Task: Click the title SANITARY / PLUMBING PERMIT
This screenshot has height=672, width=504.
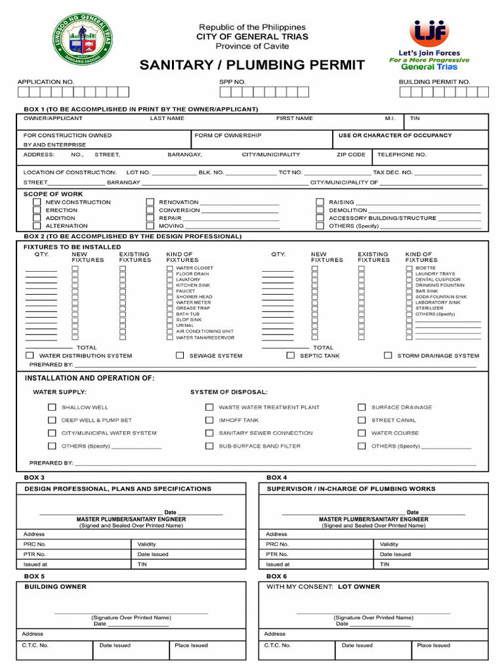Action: pos(252,64)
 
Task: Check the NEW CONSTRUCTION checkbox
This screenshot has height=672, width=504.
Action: pos(37,202)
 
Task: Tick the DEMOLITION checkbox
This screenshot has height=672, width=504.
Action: pos(320,210)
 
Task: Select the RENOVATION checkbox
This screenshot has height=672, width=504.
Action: pos(150,202)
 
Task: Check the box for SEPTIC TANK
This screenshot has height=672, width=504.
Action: pos(290,355)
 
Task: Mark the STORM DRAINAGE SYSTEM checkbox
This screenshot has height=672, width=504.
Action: pos(388,355)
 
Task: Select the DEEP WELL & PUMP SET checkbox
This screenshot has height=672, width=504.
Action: pos(52,420)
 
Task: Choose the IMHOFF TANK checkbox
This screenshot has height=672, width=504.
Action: pos(209,420)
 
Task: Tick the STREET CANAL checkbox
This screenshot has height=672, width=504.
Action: pos(362,420)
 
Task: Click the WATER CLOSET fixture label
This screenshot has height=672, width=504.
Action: pos(194,268)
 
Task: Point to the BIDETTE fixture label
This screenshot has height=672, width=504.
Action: pos(425,268)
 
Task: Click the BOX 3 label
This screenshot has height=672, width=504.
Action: pos(34,477)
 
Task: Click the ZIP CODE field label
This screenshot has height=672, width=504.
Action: pos(351,155)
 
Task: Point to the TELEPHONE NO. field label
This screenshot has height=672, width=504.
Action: pos(402,155)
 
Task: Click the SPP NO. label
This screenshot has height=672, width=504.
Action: pos(232,82)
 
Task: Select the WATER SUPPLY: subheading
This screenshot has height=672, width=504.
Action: pos(60,392)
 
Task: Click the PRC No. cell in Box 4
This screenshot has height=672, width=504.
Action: pos(277,544)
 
